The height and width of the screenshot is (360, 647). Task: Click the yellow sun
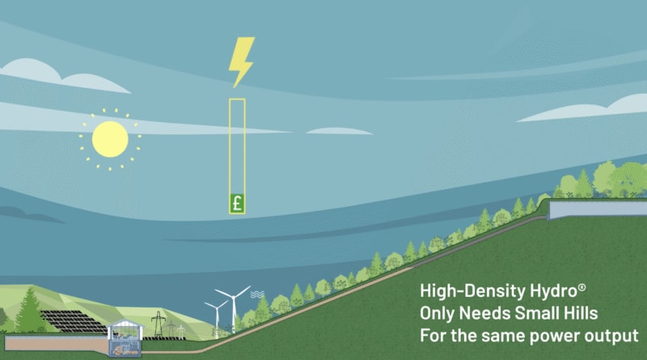tap(110, 138)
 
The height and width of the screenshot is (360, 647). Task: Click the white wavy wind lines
tap(257, 295)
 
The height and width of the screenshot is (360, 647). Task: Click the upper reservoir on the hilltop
tap(597, 210)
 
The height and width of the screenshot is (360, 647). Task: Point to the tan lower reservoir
tap(49, 343)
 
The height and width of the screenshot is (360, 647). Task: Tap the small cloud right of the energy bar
tap(339, 131)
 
